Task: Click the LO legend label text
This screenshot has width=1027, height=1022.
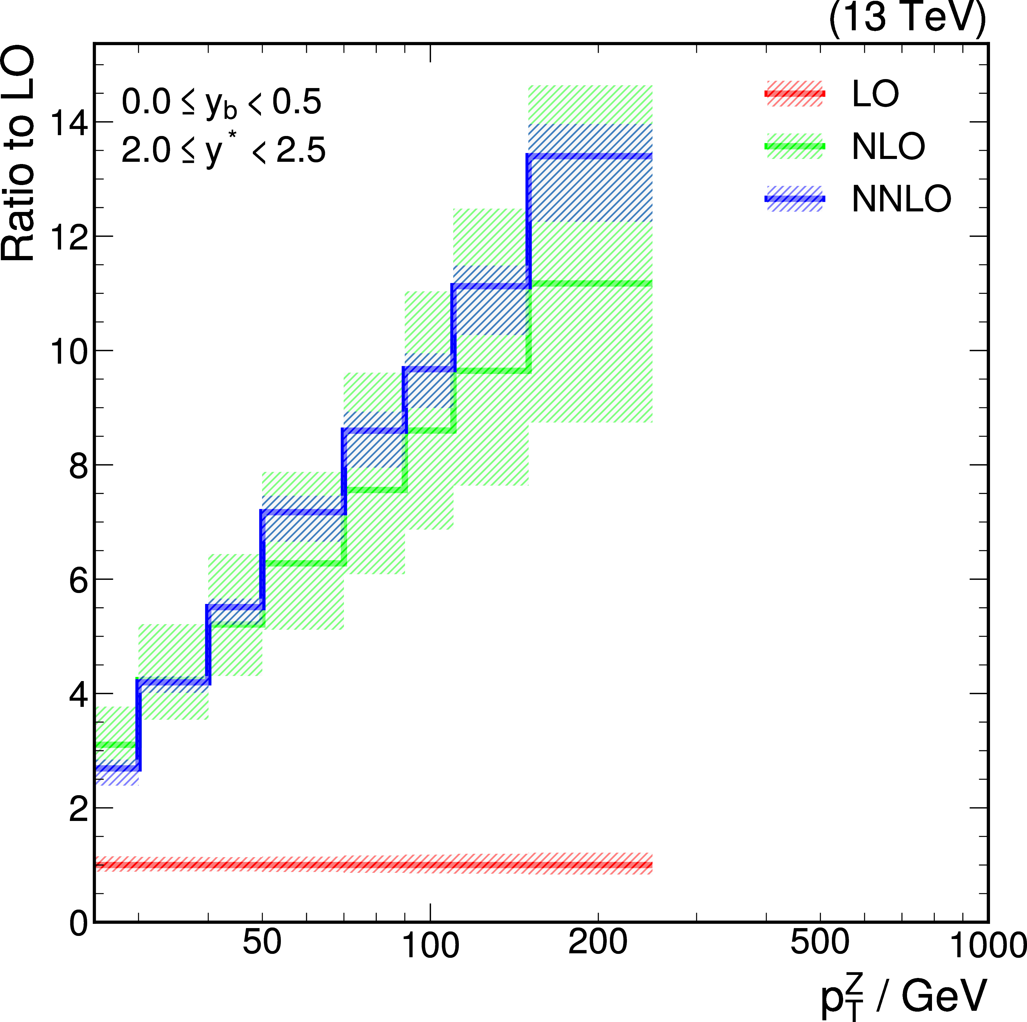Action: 875,94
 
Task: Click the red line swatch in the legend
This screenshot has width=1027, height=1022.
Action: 795,94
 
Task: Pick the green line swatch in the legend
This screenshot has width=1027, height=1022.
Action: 795,146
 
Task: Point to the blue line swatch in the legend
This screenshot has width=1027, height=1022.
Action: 795,198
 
